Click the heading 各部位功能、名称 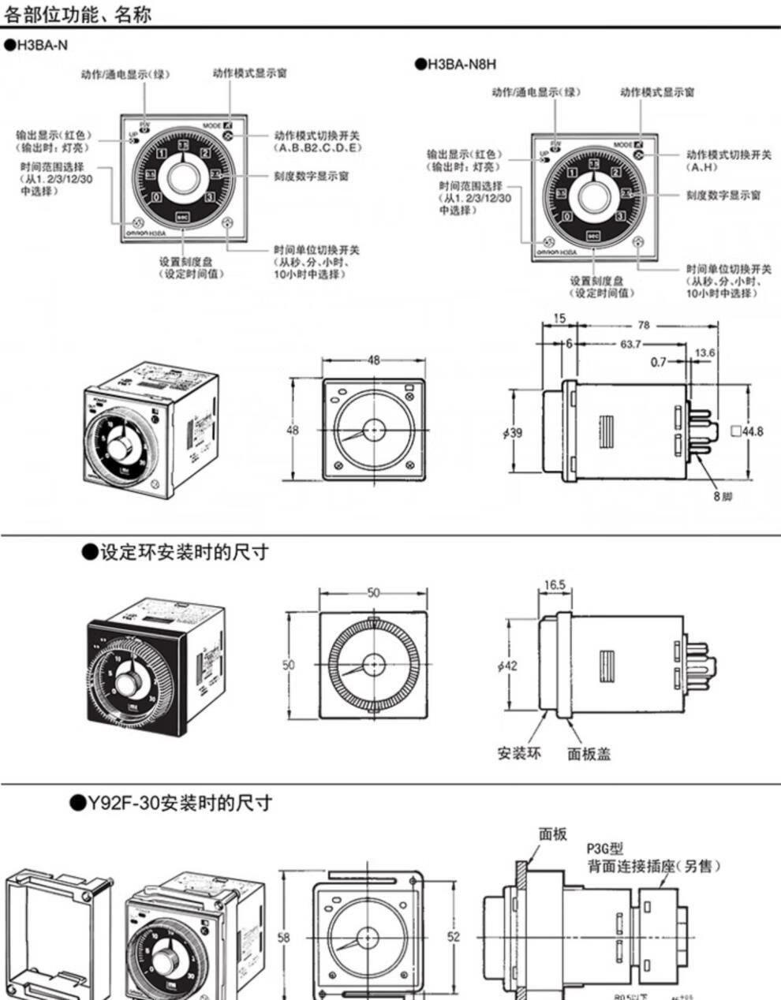tap(78, 13)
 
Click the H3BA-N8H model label tap(461, 64)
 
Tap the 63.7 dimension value tap(630, 344)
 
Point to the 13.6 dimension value tap(704, 353)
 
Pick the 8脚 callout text tap(723, 497)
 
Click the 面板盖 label tap(589, 754)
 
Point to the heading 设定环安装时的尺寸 tap(183, 552)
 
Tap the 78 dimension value tap(644, 325)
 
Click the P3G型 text tap(604, 849)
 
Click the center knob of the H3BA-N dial tap(182, 175)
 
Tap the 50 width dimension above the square tap(373, 593)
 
